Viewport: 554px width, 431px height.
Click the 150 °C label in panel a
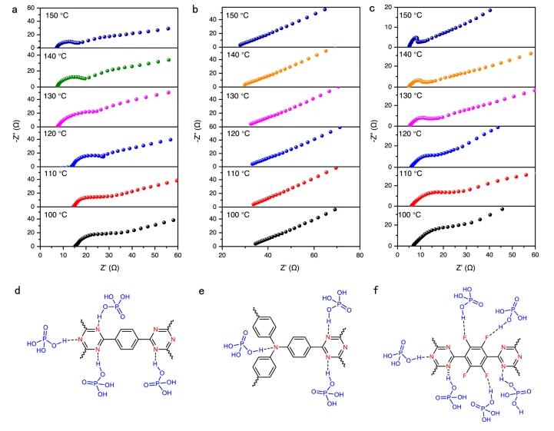[61, 15]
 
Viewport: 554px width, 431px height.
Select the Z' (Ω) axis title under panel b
[290, 269]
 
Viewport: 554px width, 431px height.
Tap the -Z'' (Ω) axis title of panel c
[372, 127]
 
